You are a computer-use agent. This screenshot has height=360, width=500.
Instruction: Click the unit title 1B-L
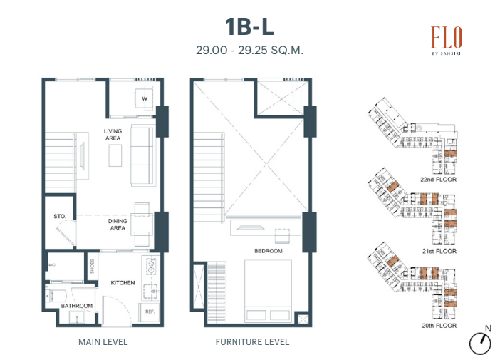pos(249,26)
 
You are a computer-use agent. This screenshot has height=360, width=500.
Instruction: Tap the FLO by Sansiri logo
pos(447,41)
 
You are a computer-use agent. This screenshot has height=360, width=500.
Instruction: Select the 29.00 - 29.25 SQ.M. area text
pos(249,50)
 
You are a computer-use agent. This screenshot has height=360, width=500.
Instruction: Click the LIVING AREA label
pos(113,135)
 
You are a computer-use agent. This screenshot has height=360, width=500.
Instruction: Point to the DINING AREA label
pos(118,225)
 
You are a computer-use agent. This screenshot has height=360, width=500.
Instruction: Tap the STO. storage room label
pos(60,217)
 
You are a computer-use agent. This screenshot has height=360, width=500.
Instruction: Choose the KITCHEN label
pos(123,283)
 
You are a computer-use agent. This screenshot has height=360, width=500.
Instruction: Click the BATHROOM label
pos(77,306)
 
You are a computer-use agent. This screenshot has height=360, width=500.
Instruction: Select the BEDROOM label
pos(269,251)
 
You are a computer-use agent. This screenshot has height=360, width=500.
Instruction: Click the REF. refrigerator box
pos(149,312)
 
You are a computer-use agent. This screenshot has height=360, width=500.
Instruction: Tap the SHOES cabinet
pos(92,266)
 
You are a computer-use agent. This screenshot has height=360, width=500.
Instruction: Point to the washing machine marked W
pos(144,98)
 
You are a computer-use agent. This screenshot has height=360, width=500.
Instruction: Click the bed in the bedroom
pos(268,291)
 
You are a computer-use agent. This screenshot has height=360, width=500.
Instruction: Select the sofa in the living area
pos(142,155)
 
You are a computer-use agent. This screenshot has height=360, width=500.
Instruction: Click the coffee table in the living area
pos(115,155)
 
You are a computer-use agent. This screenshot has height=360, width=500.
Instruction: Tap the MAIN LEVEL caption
pos(103,342)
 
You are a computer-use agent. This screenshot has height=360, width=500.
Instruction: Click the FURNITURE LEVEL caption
pos(253,342)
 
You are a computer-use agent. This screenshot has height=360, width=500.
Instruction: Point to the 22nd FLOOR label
pos(439,180)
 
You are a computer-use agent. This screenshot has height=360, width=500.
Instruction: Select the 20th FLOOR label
pos(439,326)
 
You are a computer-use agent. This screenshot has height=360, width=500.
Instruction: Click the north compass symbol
pos(481,341)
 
